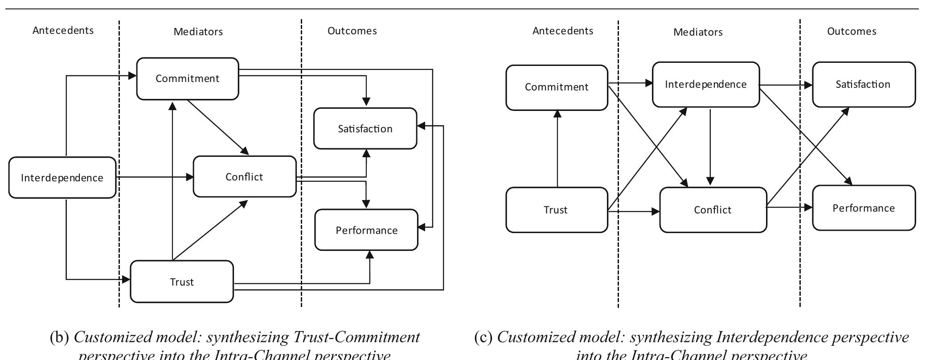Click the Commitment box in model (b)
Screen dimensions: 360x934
(187, 79)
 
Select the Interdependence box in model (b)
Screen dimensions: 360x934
(62, 178)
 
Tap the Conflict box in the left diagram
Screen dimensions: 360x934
(244, 177)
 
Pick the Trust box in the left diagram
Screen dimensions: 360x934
(181, 282)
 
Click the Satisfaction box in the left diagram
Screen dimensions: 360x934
(365, 129)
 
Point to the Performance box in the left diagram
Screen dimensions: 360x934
(366, 230)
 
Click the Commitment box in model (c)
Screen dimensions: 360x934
(557, 87)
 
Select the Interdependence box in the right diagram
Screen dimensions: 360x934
(705, 85)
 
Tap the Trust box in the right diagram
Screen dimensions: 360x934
(556, 210)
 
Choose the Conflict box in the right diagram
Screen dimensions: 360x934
(713, 210)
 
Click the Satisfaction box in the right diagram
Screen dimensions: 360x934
(863, 85)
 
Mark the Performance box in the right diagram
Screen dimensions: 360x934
(864, 208)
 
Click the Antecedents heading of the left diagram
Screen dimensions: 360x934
(63, 30)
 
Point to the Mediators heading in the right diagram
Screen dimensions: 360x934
(698, 32)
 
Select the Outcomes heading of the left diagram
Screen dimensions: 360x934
(352, 31)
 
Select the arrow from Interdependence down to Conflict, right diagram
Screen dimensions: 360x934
(710, 147)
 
